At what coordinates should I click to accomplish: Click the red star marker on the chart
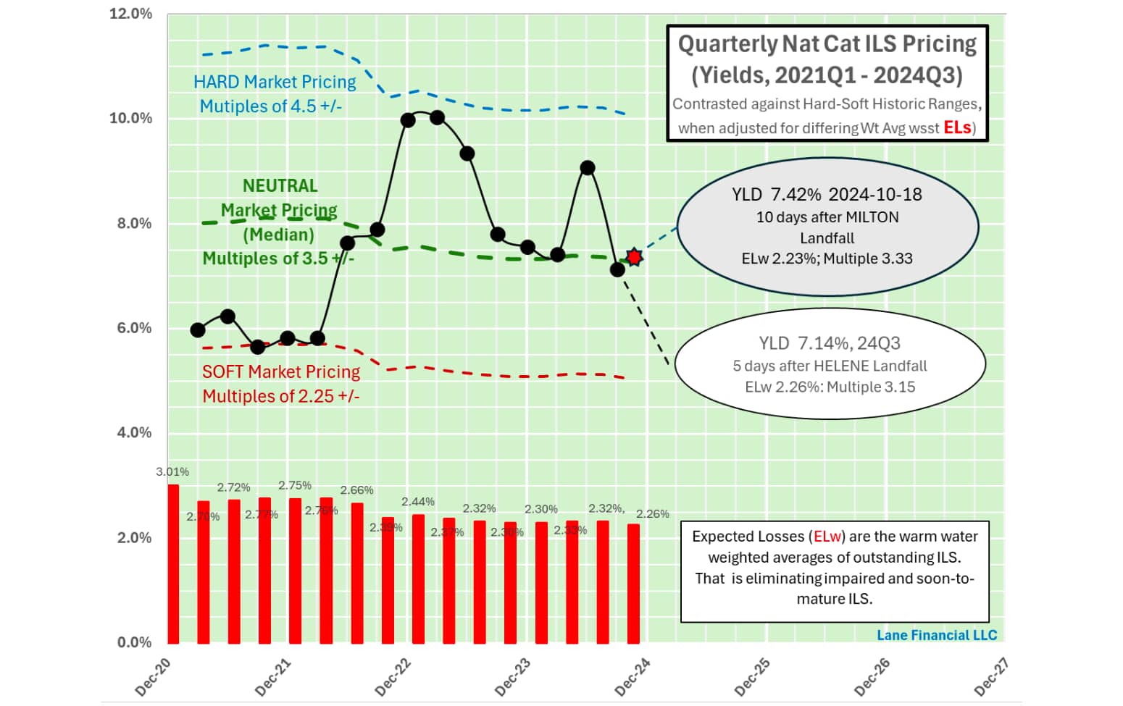pyautogui.click(x=634, y=257)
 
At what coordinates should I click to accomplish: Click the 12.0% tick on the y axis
pyautogui.click(x=130, y=14)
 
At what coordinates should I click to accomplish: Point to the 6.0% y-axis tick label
pyautogui.click(x=134, y=328)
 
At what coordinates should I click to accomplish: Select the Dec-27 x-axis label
pyautogui.click(x=992, y=677)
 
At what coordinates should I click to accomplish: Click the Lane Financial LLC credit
pyautogui.click(x=936, y=635)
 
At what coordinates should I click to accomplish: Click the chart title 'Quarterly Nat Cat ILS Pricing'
pyautogui.click(x=827, y=44)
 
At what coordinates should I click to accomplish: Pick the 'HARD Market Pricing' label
pyautogui.click(x=275, y=82)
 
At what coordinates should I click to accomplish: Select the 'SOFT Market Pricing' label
pyautogui.click(x=280, y=371)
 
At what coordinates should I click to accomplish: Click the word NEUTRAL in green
pyautogui.click(x=280, y=186)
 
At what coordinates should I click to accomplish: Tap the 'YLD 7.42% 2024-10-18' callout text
pyautogui.click(x=827, y=194)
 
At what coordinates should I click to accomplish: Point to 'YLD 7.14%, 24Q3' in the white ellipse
pyautogui.click(x=830, y=343)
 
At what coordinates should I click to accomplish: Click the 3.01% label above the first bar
pyautogui.click(x=172, y=472)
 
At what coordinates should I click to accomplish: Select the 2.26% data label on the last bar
pyautogui.click(x=652, y=513)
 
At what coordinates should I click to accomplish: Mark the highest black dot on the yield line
pyautogui.click(x=437, y=117)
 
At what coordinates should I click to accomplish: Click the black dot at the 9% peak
pyautogui.click(x=588, y=168)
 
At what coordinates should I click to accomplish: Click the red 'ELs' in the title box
pyautogui.click(x=957, y=127)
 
